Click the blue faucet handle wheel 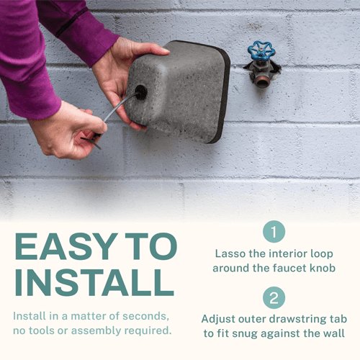click(261, 51)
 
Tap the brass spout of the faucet click(262, 77)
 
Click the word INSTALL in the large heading click(94, 284)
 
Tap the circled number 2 click(274, 298)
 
